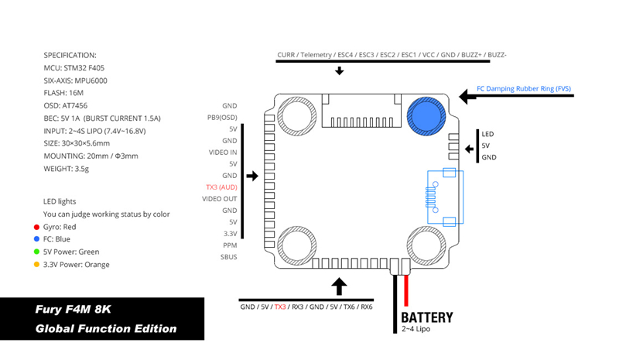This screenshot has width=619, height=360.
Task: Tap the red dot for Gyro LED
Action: click(36, 227)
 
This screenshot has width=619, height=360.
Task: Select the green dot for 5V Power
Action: click(36, 252)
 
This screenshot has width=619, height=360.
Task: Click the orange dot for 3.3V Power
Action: click(36, 265)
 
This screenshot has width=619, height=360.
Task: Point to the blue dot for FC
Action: click(36, 239)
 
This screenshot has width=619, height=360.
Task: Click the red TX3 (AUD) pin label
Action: click(221, 187)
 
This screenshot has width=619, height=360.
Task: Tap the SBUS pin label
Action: click(228, 257)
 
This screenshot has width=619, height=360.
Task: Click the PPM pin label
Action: click(229, 245)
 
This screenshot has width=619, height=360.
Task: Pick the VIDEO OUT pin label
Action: click(219, 199)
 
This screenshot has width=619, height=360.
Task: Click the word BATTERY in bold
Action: click(426, 317)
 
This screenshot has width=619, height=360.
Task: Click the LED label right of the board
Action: click(487, 134)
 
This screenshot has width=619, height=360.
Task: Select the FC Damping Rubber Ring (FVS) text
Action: click(523, 89)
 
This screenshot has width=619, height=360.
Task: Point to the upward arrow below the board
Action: click(339, 287)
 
